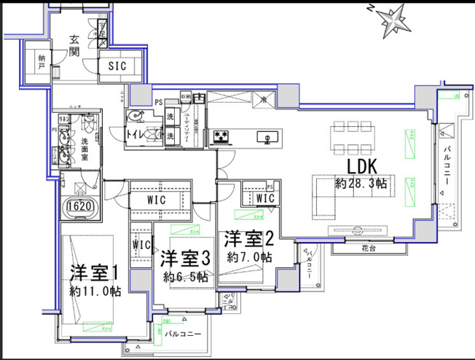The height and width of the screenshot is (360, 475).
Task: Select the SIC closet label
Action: point(117,65)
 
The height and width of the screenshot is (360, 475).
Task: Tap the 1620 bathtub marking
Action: point(80,207)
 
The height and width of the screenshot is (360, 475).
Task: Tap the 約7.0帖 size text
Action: point(249,257)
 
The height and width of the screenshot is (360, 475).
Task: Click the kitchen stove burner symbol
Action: point(221,136)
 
